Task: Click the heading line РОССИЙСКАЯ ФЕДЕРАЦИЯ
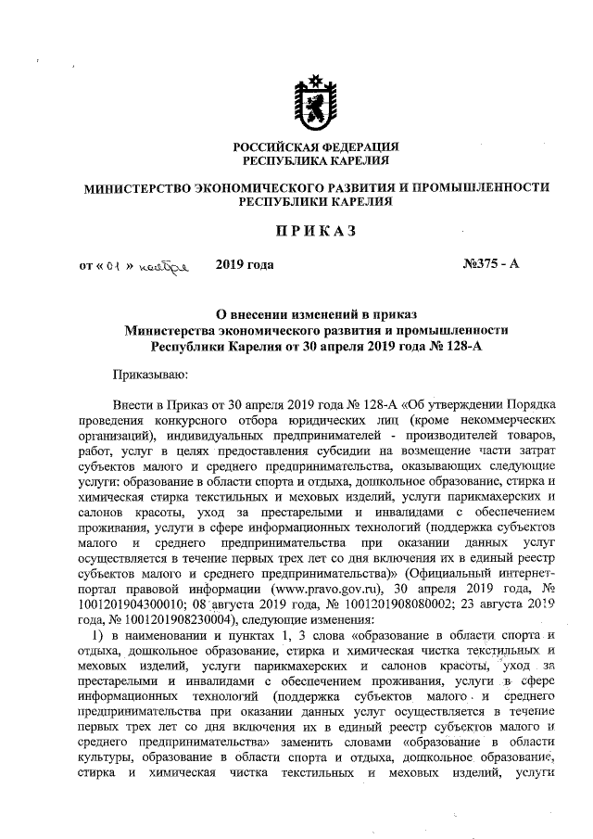tap(316, 147)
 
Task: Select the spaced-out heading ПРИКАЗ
tap(316, 230)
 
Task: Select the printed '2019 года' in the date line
tap(245, 265)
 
